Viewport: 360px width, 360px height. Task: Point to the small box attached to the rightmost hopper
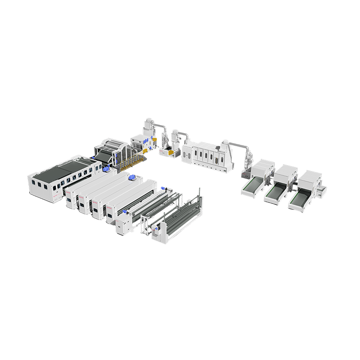[x=321, y=192]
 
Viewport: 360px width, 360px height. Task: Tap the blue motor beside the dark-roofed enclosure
[x=106, y=170]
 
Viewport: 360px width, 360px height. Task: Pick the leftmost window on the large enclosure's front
[x=39, y=185]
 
